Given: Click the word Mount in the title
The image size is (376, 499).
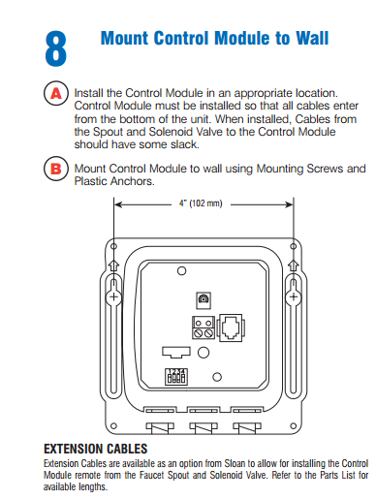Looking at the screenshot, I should (127, 38).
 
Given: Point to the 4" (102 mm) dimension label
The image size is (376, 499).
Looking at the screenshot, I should (202, 204).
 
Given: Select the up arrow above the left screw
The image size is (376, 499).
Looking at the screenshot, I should (112, 264).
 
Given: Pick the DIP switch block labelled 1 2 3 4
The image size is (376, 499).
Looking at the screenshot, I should (176, 376).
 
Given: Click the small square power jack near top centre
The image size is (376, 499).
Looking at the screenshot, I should (203, 297).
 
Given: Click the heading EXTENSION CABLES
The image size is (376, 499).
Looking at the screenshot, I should (96, 450).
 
